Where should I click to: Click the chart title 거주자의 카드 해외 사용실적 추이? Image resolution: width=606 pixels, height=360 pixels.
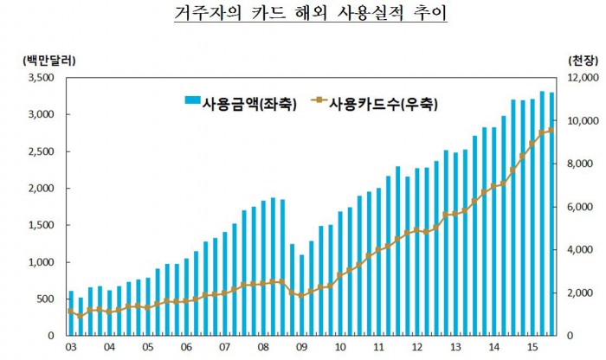pyautogui.click(x=303, y=16)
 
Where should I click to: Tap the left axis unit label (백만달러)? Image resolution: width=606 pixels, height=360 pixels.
pyautogui.click(x=45, y=61)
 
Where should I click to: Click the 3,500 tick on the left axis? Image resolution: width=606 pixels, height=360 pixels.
pyautogui.click(x=43, y=78)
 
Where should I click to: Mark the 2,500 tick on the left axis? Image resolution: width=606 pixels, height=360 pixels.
pyautogui.click(x=43, y=151)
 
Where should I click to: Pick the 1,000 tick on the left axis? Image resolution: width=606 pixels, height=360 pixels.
pyautogui.click(x=43, y=262)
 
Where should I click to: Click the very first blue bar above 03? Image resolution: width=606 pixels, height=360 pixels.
pyautogui.click(x=71, y=313)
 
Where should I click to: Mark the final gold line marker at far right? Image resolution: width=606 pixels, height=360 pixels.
pyautogui.click(x=551, y=130)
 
